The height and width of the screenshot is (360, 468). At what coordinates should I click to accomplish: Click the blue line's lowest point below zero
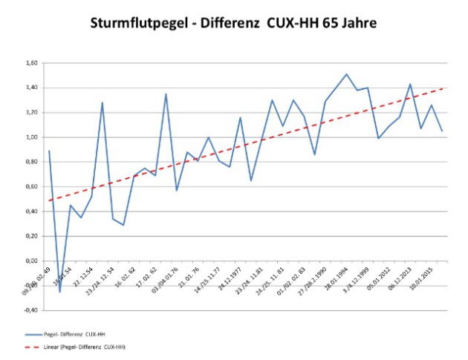[59, 292]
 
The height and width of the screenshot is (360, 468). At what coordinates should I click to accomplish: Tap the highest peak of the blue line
[346, 74]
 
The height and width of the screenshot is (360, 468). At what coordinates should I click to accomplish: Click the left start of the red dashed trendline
[49, 200]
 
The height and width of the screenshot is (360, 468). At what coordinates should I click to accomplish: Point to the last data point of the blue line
[443, 131]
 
